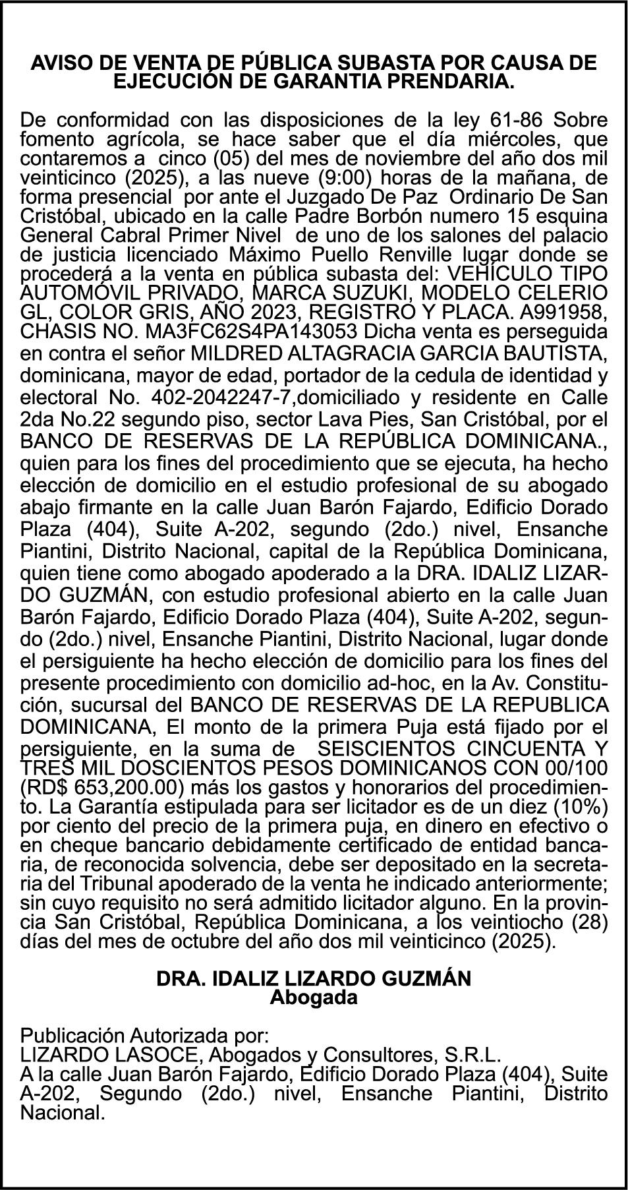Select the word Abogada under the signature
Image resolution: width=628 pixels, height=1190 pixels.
[314, 997]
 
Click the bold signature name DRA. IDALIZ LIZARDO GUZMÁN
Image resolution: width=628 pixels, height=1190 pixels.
[314, 978]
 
